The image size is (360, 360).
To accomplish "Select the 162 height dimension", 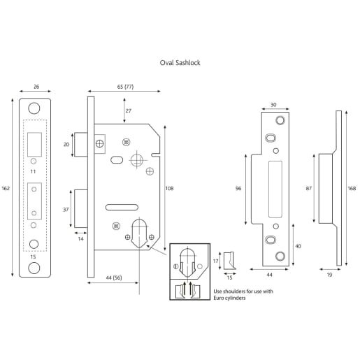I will click(6, 188).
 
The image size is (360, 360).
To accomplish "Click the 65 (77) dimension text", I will click(125, 86).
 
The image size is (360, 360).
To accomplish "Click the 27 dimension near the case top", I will click(128, 110).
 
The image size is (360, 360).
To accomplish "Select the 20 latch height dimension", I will click(66, 144).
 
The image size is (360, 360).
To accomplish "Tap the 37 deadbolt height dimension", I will click(66, 210).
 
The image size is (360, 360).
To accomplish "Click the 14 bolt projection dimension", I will click(81, 239).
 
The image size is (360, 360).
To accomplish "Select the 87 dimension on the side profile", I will click(310, 188).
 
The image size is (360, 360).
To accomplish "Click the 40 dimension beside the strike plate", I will click(299, 245).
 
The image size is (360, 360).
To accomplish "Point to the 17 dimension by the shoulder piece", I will click(216, 260).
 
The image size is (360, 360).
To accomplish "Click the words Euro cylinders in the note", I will click(212, 298).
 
